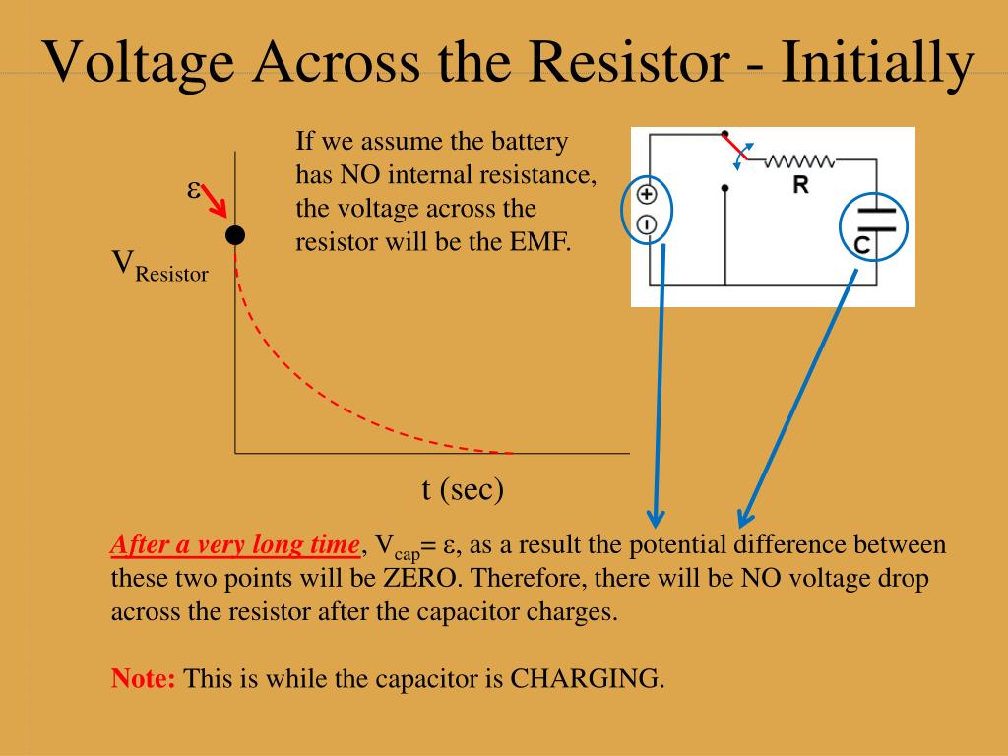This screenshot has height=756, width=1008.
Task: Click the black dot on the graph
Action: [x=234, y=234]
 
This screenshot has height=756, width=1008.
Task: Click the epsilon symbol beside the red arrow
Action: [x=194, y=189]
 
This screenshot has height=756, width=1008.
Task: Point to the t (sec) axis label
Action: [x=463, y=488]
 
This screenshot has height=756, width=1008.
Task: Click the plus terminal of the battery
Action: [x=648, y=194]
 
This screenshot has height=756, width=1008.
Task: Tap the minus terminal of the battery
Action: [x=648, y=224]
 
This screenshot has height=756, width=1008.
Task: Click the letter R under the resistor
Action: [x=801, y=185]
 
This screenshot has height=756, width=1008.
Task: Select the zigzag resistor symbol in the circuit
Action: [x=799, y=160]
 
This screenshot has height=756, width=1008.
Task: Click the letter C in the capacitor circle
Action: [x=861, y=246]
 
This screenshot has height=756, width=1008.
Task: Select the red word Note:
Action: [x=144, y=678]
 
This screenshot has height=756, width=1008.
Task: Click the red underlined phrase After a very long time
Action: [x=236, y=545]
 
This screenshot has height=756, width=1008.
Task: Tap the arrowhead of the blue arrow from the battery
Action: [x=656, y=516]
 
